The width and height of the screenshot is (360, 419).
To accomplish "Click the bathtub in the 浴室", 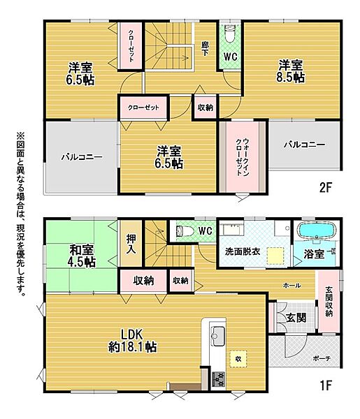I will pyautogui.click(x=316, y=232).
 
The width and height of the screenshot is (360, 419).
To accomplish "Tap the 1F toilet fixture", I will pyautogui.click(x=183, y=230).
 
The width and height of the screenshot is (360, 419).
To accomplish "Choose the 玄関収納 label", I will pyautogui.click(x=329, y=302).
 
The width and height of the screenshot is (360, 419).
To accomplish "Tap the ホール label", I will pyautogui.click(x=292, y=286).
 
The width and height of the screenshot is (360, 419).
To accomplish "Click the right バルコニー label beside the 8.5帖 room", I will pyautogui.click(x=303, y=145).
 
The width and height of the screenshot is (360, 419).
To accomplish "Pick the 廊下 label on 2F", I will pyautogui.click(x=205, y=50).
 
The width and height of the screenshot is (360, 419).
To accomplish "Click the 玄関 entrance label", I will pyautogui.click(x=296, y=317).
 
